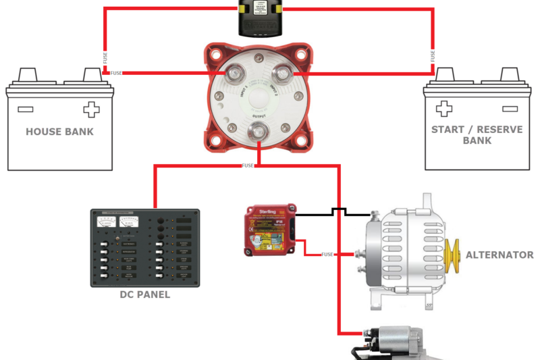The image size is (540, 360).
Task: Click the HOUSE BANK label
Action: coord(59,132)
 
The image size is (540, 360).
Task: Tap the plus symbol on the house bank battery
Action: coord(90,110)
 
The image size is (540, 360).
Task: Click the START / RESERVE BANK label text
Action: coord(477,134)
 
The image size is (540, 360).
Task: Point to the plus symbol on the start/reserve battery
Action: coord(443,109)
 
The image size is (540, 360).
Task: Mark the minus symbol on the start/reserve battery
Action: coord(508,108)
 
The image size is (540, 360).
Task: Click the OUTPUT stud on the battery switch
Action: coord(259,132)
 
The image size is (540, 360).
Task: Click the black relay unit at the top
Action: coord(261,18)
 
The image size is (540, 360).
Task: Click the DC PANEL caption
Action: coord(144,295)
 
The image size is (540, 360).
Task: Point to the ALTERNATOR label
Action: coord(500,255)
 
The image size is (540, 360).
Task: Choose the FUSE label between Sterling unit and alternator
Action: coord(327,255)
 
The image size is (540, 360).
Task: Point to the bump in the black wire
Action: coord(338,211)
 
